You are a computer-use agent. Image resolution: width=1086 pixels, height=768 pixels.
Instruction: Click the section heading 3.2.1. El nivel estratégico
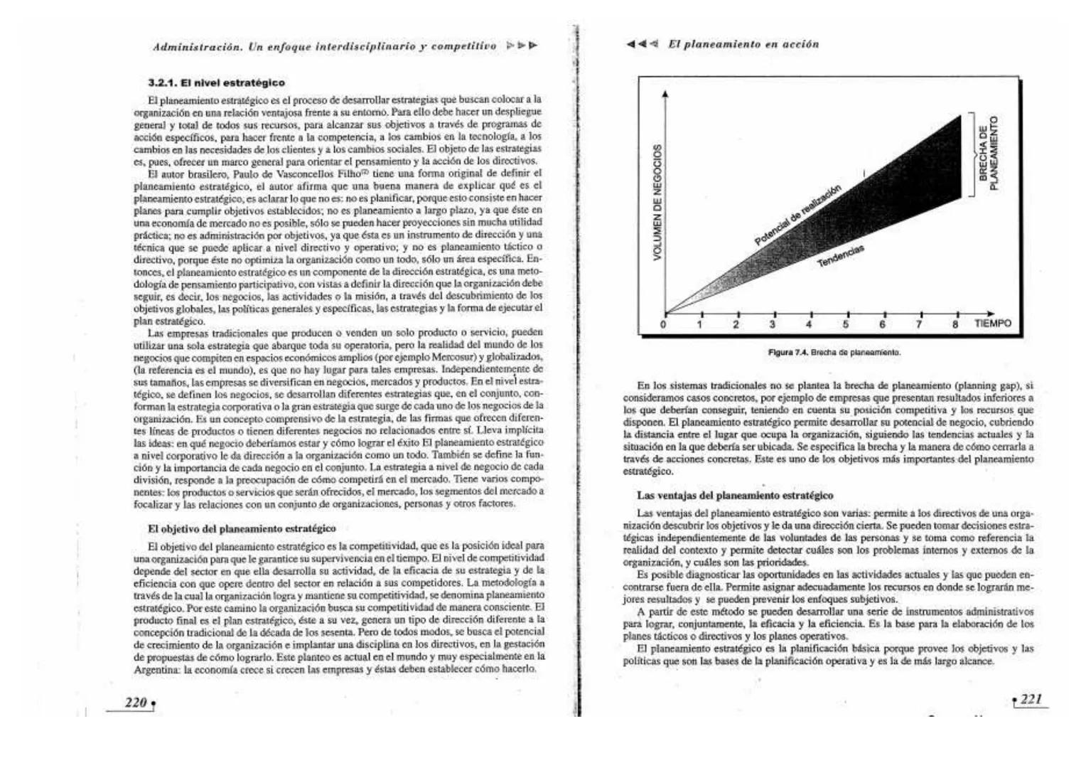[x=217, y=83]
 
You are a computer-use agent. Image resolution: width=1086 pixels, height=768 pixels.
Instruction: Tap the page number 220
[x=136, y=703]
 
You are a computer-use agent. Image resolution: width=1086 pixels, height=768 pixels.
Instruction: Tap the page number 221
[x=1031, y=699]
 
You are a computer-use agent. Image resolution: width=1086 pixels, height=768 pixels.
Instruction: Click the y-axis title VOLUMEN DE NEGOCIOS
[x=659, y=202]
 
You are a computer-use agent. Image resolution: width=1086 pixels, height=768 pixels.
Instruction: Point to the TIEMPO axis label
[x=992, y=324]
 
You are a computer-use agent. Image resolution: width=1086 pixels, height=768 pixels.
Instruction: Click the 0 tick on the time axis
[x=664, y=324]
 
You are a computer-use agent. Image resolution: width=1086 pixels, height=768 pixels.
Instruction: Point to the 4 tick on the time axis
[x=809, y=324]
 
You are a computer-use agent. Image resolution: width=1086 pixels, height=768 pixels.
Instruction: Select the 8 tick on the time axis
[x=956, y=324]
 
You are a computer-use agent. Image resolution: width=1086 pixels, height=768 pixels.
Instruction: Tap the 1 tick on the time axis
[x=700, y=324]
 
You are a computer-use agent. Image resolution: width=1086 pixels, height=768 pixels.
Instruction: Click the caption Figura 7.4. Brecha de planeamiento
[x=834, y=352]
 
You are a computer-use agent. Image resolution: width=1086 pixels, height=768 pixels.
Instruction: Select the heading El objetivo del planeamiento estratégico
[x=242, y=529]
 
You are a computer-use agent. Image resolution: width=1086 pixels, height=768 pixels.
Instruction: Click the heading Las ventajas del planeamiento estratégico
[x=735, y=496]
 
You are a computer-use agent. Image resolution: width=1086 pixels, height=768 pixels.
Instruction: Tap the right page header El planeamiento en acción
[x=743, y=44]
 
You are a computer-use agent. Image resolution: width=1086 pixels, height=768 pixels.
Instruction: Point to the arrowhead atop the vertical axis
[x=665, y=94]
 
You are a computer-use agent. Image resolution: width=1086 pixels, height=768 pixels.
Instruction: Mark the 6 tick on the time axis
[x=882, y=324]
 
